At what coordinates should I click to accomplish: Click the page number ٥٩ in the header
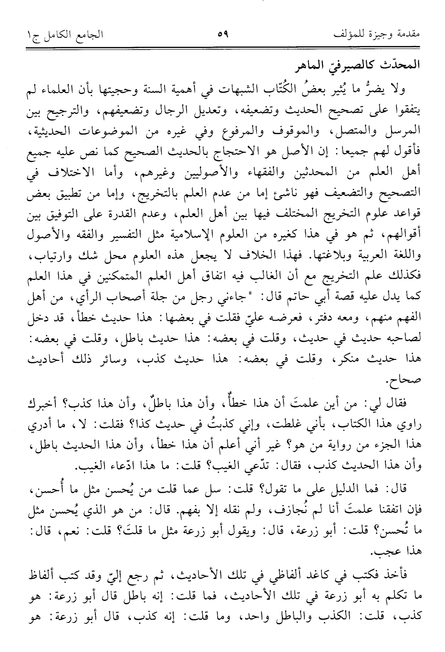click(x=223, y=34)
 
